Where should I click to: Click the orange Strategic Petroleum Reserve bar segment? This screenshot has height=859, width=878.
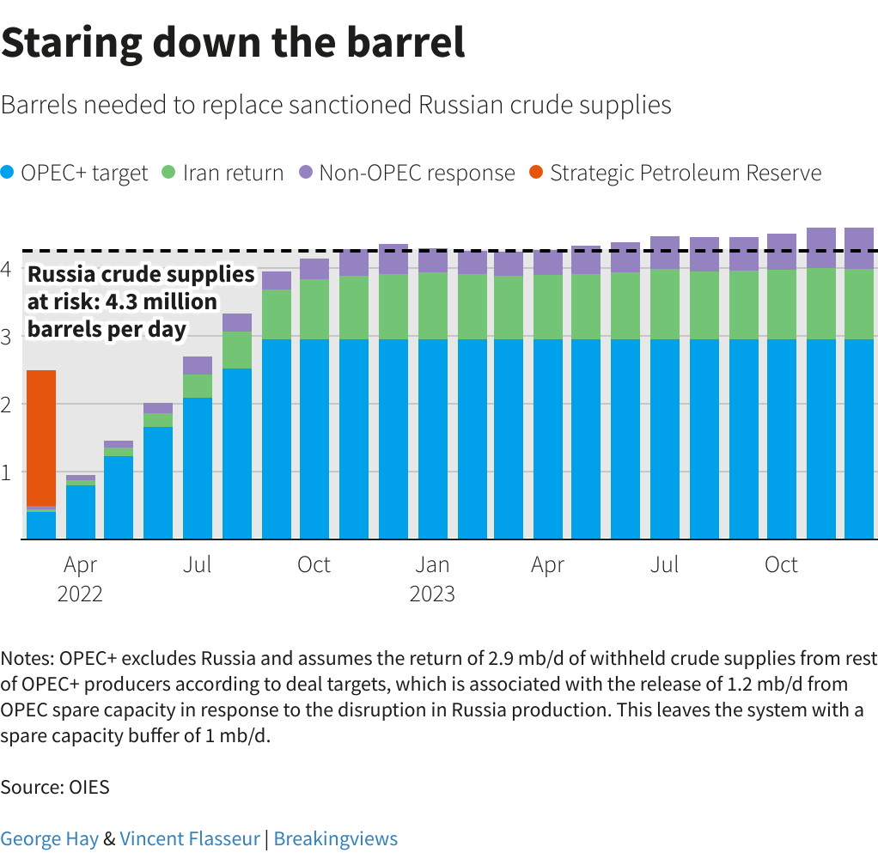[41, 437]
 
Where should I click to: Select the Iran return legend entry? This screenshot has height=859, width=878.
[223, 173]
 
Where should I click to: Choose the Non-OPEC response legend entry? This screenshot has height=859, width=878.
[407, 173]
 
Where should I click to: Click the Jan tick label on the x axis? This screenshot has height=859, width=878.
[432, 564]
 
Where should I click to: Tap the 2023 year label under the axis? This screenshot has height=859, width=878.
[432, 594]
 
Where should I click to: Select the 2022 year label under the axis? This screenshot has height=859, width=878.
[80, 594]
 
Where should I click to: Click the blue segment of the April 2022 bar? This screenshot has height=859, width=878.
[81, 512]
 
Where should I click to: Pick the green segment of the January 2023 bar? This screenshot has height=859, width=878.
[432, 306]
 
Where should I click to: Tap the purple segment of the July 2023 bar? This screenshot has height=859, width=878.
[665, 253]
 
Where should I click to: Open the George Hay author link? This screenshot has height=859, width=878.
[49, 838]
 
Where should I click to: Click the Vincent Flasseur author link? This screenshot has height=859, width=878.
[190, 838]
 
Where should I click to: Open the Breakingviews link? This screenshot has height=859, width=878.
[336, 838]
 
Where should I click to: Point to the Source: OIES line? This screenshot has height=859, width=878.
[55, 786]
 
